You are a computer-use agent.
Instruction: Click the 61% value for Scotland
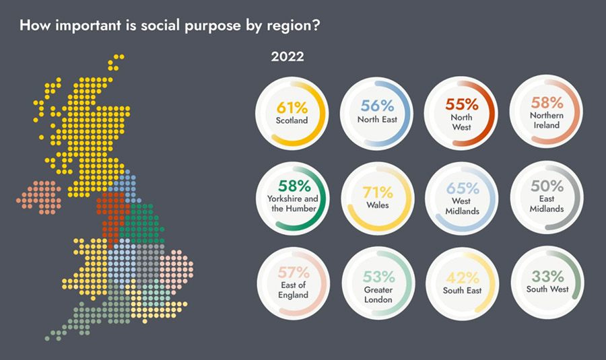292,108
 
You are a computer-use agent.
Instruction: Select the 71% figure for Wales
378,192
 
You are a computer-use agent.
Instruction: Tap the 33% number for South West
547,276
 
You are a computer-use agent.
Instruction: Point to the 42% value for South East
462,277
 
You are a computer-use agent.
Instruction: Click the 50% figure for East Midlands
547,186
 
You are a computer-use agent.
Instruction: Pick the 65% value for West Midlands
463,188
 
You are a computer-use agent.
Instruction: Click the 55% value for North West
462,104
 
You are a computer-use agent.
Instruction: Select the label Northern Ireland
547,120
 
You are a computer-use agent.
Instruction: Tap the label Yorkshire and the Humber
294,204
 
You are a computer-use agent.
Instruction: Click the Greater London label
378,295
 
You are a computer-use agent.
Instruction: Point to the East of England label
294,290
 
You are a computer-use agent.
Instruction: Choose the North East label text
377,120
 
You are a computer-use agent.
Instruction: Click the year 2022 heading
288,57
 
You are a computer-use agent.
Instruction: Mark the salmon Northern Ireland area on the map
39,197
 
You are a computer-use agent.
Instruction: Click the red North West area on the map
111,215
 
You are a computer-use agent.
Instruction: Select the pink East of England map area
176,269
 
